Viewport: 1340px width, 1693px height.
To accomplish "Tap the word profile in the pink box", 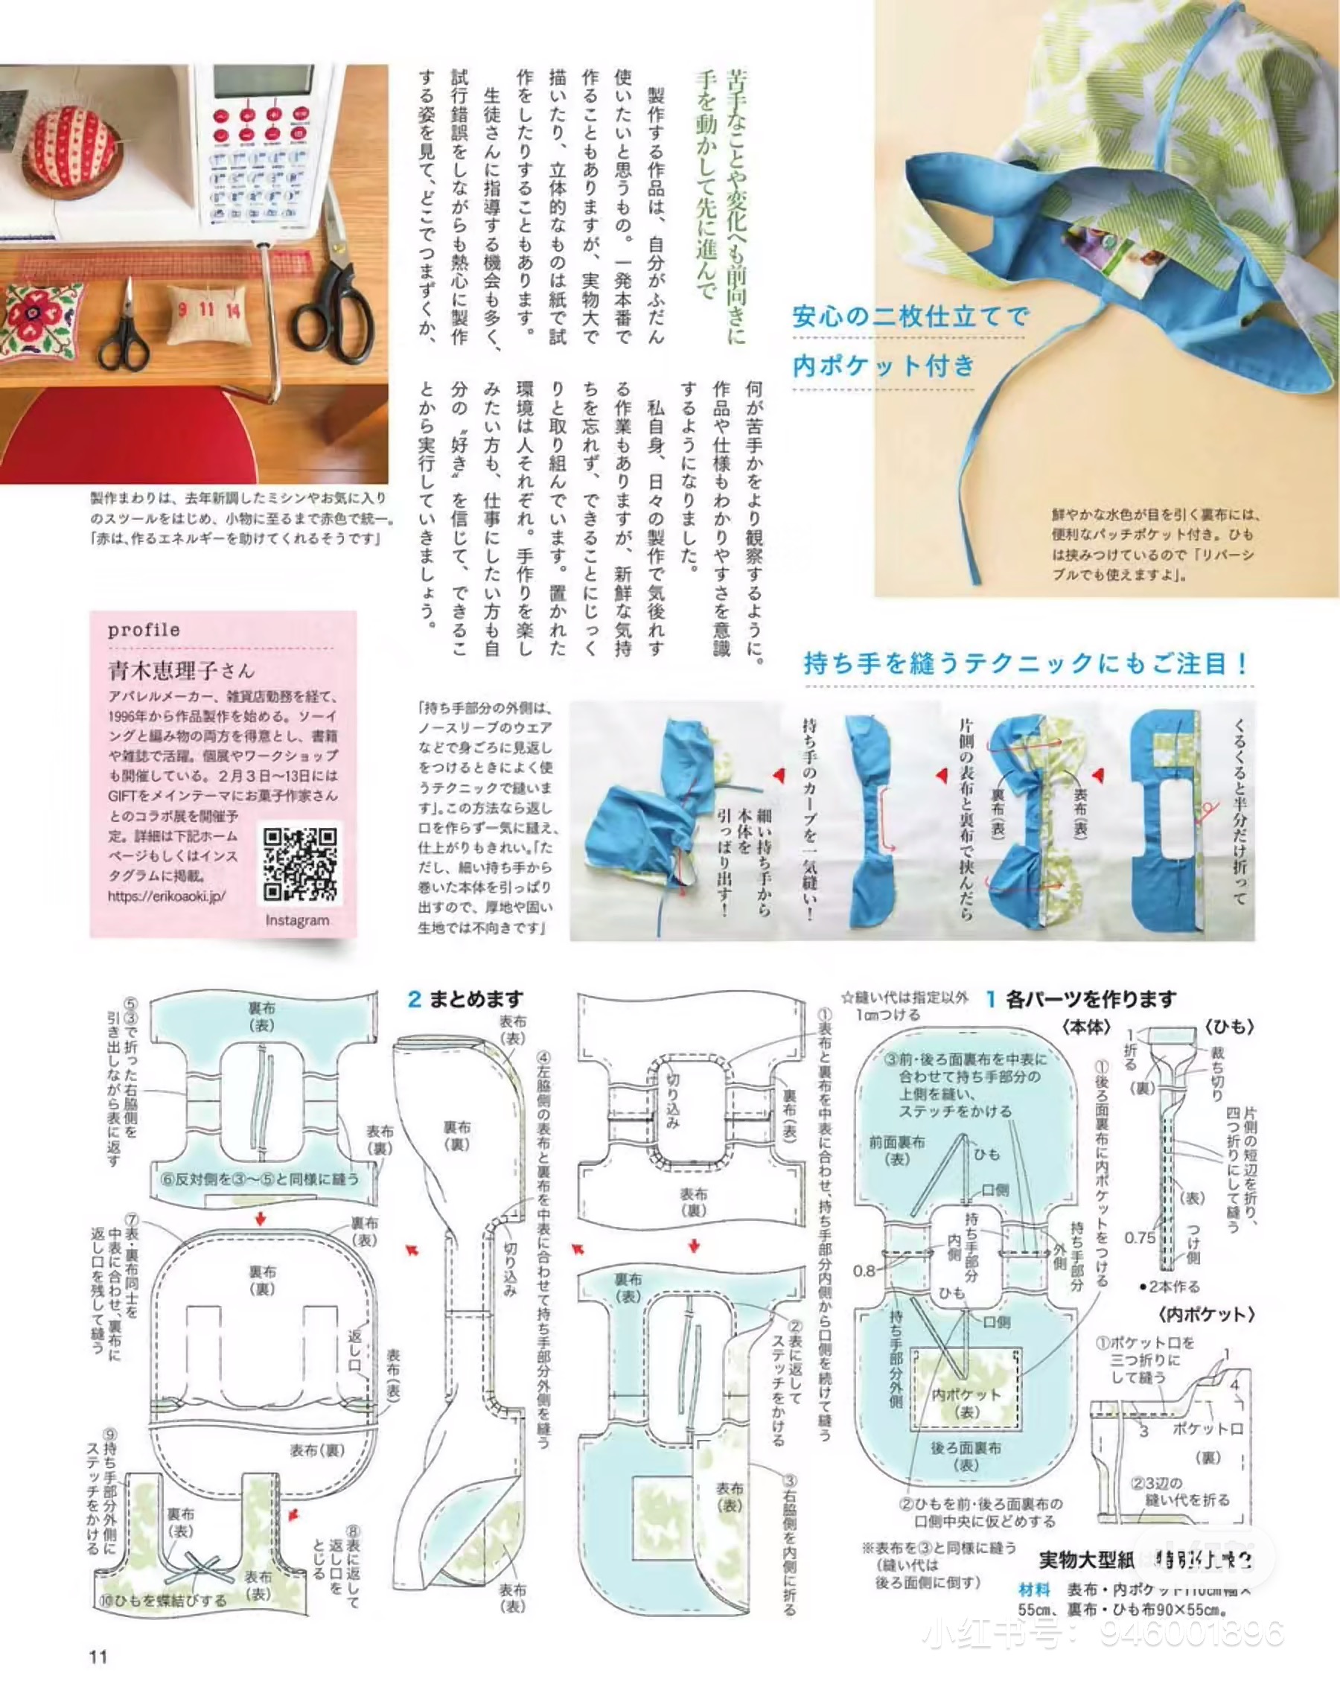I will pos(144,630).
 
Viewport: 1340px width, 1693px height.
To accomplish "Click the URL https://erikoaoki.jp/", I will pos(166,896).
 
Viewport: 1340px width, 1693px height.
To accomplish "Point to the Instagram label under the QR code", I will pos(297,920).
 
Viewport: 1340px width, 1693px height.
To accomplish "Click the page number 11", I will pos(98,1656).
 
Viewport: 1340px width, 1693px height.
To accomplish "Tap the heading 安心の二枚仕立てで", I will pos(909,317).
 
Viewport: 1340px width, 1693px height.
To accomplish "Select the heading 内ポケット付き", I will pos(884,366).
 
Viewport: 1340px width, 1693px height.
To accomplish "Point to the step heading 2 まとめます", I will pos(465,998).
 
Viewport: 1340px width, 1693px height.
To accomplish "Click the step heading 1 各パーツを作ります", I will pos(1081,998).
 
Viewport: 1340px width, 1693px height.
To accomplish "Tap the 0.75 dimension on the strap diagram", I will pos(1140,1238).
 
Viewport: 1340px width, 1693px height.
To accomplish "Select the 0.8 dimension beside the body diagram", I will pos(864,1270).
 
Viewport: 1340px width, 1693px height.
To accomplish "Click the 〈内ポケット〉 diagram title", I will pos(1205,1315).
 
